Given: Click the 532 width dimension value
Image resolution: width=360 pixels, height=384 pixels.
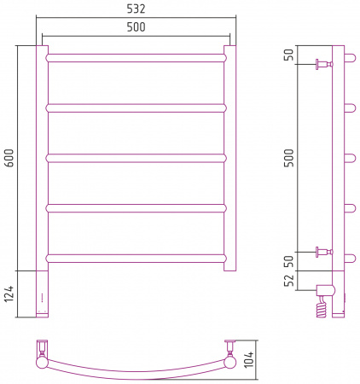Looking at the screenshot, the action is [136, 9].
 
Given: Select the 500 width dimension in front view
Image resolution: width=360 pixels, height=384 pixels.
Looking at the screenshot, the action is [136, 27].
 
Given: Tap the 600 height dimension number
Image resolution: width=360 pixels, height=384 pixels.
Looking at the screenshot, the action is [9, 158].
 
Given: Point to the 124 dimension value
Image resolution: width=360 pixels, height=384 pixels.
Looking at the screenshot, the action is [9, 294].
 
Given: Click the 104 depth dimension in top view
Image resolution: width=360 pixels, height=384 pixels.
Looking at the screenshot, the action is [249, 359].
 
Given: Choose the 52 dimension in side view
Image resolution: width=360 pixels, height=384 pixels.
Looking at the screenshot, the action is [289, 281].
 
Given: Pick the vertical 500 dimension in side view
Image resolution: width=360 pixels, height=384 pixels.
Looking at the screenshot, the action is [289, 158].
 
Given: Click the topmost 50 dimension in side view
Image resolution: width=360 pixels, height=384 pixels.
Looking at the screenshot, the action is [289, 55].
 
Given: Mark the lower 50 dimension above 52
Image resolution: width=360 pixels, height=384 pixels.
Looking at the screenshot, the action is [289, 261].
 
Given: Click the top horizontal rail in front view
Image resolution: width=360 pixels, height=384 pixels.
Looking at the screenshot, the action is [136, 58].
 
